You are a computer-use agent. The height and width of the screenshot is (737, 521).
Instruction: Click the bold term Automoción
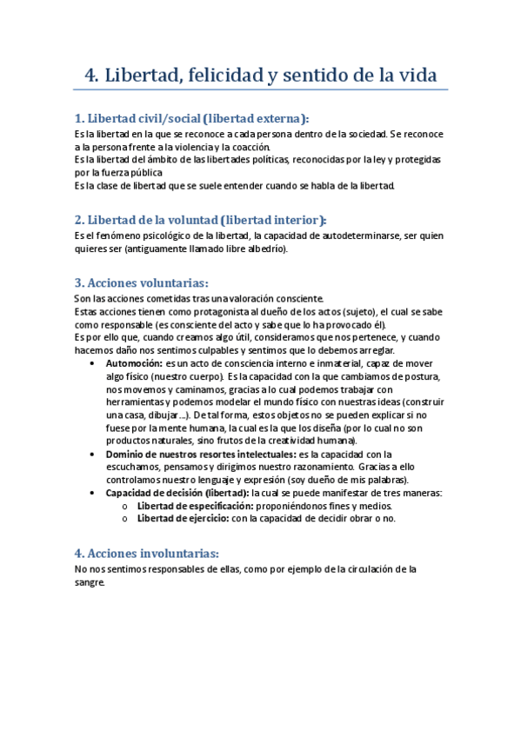pos(133,362)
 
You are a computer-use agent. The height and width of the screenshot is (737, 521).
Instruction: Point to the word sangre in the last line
pos(90,583)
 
